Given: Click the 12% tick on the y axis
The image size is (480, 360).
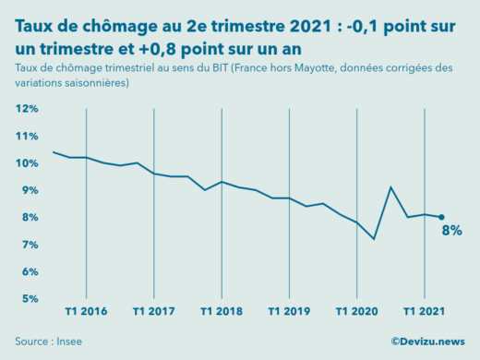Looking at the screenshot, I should (x=26, y=109).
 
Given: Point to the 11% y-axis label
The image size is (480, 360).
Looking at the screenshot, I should (x=26, y=136).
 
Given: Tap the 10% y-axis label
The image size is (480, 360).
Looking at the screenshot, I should (x=26, y=163).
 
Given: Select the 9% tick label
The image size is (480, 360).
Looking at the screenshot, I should (x=28, y=190).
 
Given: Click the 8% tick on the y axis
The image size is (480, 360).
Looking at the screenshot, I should (x=28, y=218).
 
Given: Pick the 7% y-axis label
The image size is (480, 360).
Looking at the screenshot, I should (x=28, y=245).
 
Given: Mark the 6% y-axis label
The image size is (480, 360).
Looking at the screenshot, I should (x=28, y=272).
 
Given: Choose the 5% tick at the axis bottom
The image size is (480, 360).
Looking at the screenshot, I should (x=28, y=299).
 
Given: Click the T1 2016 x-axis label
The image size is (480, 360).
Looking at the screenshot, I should (x=86, y=311).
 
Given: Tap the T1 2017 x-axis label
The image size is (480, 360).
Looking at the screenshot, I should (x=153, y=311).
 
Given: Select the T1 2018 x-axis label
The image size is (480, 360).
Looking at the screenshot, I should (x=221, y=311).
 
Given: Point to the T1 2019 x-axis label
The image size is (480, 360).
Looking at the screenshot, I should (x=288, y=311).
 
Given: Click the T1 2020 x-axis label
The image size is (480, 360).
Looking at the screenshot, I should (x=355, y=311).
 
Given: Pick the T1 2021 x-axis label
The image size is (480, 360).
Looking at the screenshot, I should (x=423, y=311).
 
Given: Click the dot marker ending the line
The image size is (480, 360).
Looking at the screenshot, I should (x=441, y=217).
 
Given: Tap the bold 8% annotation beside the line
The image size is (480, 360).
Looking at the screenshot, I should (x=451, y=231).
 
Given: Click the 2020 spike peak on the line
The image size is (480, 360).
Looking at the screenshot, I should (x=390, y=187).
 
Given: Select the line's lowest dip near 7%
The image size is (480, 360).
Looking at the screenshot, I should (x=374, y=239).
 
